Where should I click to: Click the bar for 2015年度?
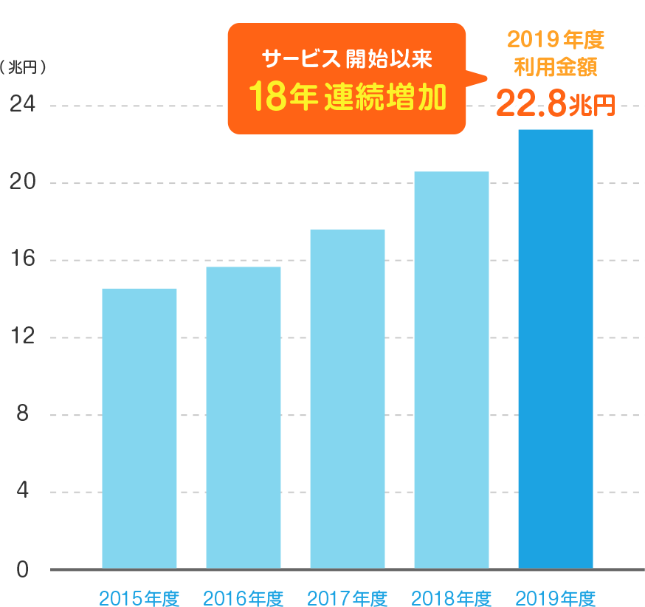coord(139,428)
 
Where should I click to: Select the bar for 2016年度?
coord(244,417)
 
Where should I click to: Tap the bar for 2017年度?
coord(348,399)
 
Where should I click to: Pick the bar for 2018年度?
coord(452,369)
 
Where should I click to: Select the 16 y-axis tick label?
coord(21,259)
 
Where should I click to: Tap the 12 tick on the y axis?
coord(21,337)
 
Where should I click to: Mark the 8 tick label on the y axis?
coord(21,414)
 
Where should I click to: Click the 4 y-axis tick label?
coord(21,492)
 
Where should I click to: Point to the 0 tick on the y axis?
coord(21,569)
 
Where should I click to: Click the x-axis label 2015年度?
coord(139,597)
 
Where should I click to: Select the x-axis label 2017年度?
coord(348,597)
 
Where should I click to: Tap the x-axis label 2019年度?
coord(556,597)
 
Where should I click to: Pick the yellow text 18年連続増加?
coord(347,97)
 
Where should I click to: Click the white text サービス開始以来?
coord(347,57)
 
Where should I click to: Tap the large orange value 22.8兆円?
coord(555,103)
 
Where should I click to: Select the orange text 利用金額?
coord(555,67)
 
